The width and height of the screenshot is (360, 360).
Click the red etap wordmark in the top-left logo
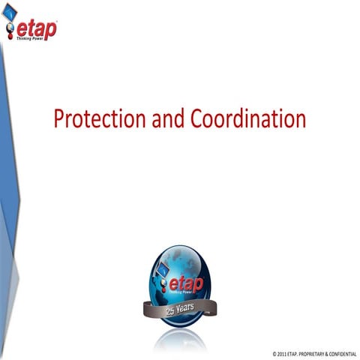point(37,28)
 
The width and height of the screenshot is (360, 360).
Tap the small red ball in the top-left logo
point(10,35)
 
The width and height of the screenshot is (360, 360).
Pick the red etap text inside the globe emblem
point(186,285)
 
